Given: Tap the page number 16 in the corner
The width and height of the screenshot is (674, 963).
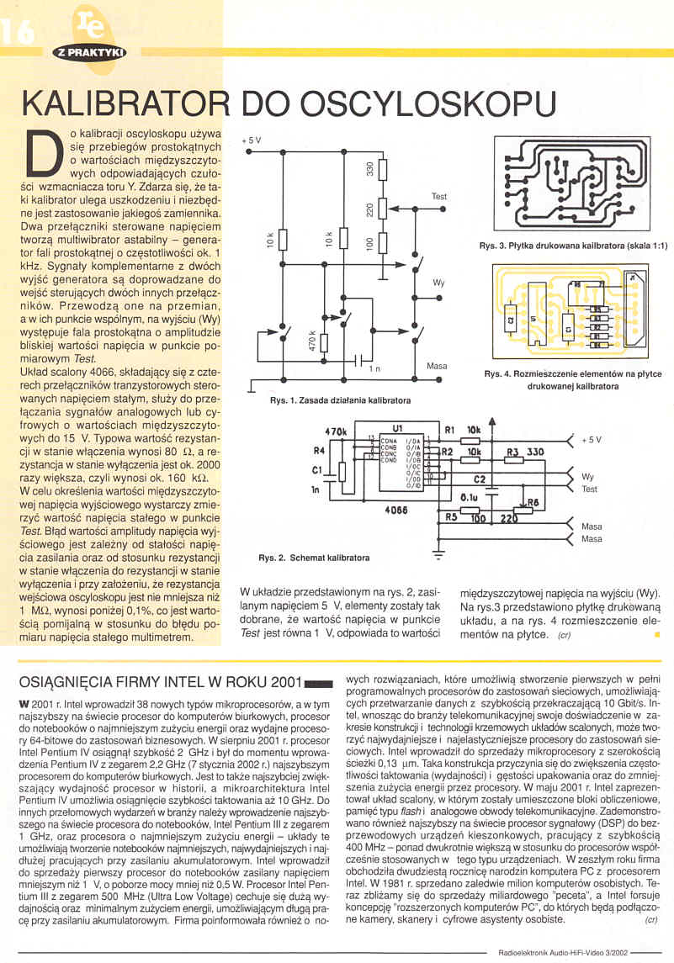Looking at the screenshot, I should [17, 31].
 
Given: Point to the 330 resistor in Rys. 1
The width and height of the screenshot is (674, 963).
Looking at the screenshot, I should [379, 170].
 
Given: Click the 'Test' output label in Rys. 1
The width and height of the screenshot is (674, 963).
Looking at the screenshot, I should [439, 196].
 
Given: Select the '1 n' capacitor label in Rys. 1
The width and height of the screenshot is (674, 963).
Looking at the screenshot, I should [374, 368].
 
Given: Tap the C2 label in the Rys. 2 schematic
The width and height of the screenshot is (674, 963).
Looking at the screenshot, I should [480, 479].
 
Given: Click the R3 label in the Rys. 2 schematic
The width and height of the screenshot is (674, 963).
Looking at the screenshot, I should [512, 452].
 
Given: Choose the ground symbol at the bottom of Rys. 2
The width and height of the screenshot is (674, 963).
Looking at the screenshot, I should [437, 554].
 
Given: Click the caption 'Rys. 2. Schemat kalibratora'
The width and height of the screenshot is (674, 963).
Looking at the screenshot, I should [313, 558].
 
